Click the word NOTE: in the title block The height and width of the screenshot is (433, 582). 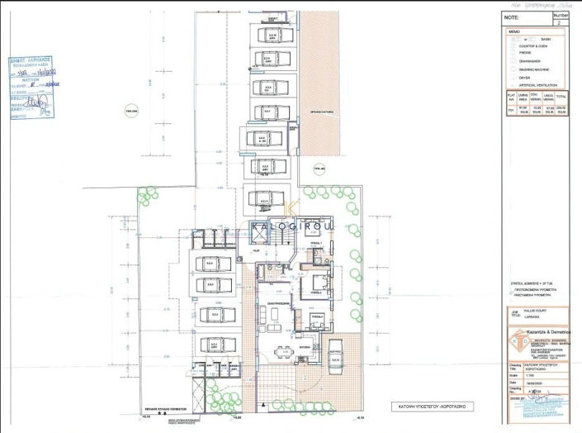pos(511,16)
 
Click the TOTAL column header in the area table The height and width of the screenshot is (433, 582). pos(568,98)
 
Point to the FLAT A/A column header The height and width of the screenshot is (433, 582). pos(511,98)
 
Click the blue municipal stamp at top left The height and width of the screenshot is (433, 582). pos(31,88)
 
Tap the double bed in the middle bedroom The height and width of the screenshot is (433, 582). pos(317,286)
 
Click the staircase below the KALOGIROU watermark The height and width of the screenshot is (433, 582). pos(279,238)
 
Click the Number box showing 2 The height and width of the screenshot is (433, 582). pos(560,19)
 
